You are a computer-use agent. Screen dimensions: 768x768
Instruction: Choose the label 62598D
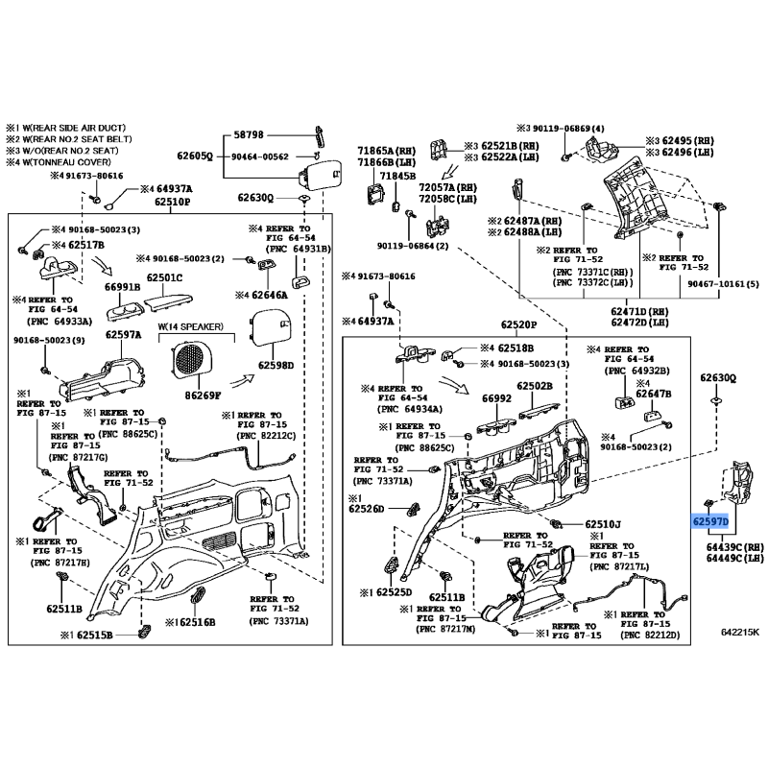(x=277, y=365)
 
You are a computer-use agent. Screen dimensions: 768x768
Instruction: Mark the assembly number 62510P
(x=173, y=204)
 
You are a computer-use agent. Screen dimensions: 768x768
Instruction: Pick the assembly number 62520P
(x=516, y=324)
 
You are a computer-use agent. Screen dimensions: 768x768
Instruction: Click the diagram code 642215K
(x=739, y=633)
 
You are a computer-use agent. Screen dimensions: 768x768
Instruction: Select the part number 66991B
(x=124, y=287)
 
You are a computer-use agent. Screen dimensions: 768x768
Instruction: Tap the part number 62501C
(x=164, y=278)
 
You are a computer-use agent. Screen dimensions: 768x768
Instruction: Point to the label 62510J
(x=603, y=524)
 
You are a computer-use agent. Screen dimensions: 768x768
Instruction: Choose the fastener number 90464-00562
(x=259, y=156)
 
